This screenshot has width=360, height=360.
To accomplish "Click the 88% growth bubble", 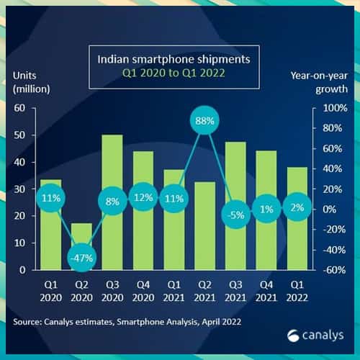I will pyautogui.click(x=205, y=122).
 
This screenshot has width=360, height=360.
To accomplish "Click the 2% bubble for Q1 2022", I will pyautogui.click(x=297, y=207).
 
